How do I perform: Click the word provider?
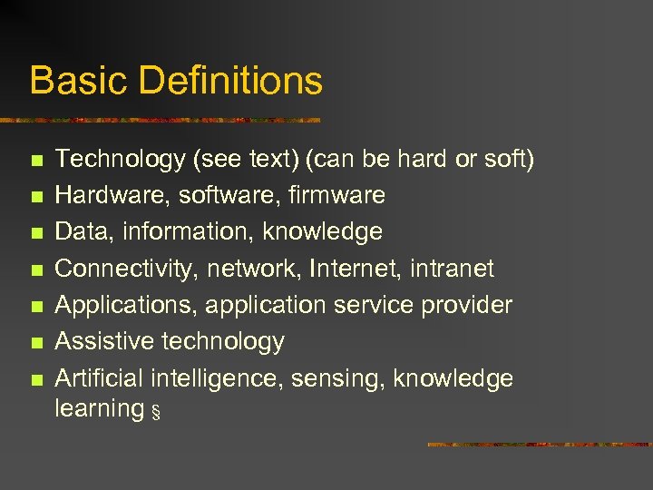pos(466,305)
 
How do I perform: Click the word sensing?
pos(338,378)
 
